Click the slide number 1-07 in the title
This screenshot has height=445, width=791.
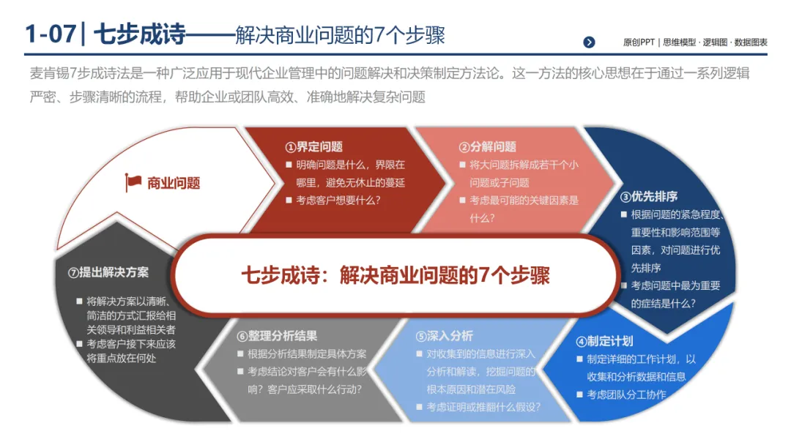click(49, 35)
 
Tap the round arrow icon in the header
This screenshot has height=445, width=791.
click(589, 42)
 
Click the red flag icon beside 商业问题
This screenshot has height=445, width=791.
click(133, 182)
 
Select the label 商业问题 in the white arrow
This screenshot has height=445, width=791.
click(174, 183)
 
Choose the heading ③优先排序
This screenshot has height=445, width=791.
click(649, 196)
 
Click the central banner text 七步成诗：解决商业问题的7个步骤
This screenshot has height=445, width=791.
click(395, 275)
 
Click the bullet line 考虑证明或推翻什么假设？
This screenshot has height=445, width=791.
click(483, 406)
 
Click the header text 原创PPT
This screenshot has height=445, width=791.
click(639, 42)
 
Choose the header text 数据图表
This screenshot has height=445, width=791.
click(751, 42)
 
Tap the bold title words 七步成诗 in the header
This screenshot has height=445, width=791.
click(140, 35)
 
